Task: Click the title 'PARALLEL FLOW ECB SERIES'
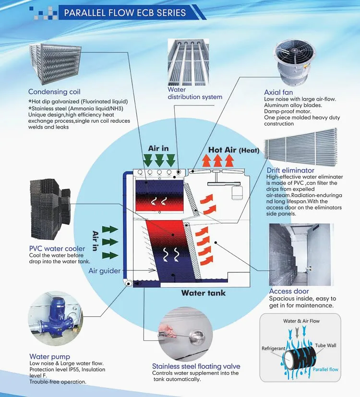click(125, 12)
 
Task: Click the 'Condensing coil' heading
click(54, 92)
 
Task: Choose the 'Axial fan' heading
click(278, 93)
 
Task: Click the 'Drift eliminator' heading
click(290, 170)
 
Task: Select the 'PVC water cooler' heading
click(57, 248)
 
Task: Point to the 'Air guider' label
click(105, 271)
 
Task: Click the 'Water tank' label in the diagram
click(203, 293)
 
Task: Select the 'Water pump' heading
click(49, 356)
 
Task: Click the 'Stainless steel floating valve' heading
click(196, 366)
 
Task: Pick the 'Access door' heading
click(288, 291)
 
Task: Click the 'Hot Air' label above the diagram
click(223, 150)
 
